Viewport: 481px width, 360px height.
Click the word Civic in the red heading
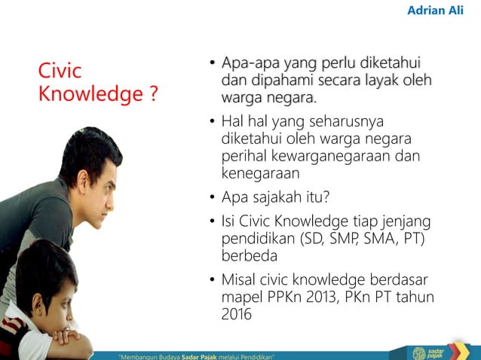pyautogui.click(x=60, y=72)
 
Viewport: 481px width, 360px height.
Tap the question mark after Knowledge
pyautogui.click(x=153, y=95)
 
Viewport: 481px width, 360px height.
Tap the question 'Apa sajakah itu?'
pyautogui.click(x=275, y=197)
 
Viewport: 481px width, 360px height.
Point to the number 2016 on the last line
pyautogui.click(x=236, y=314)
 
